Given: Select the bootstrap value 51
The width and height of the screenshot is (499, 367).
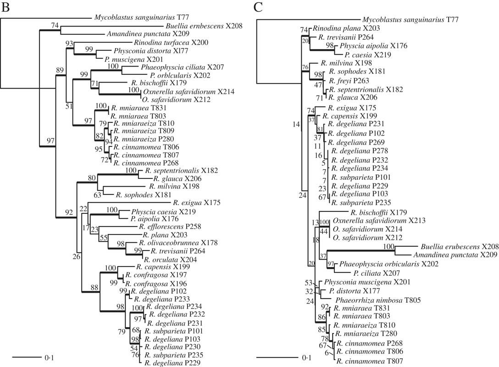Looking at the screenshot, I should point(69,107).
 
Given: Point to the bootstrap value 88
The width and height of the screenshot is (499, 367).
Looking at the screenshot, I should point(94,288).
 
